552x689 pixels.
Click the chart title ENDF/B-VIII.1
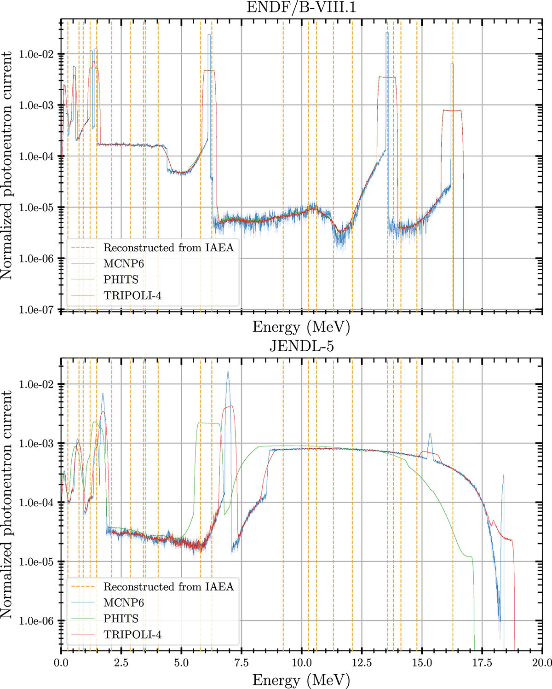(301, 7)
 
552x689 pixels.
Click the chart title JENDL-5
(301, 346)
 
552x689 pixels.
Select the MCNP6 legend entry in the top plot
(123, 264)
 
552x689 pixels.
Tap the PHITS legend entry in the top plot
(121, 279)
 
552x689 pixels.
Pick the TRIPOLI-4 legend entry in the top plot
(132, 295)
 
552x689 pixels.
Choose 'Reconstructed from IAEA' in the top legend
(168, 248)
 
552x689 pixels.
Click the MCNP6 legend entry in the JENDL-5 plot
(123, 602)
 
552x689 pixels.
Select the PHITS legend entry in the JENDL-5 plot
(121, 619)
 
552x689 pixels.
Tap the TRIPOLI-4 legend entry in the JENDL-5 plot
(132, 635)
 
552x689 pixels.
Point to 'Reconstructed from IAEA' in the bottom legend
(168, 587)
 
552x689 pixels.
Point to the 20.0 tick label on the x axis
(542, 663)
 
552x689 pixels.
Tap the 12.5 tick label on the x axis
(362, 663)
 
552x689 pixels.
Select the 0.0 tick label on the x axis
(61, 663)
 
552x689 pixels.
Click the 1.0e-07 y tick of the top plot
(36, 310)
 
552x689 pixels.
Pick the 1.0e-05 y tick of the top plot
(36, 208)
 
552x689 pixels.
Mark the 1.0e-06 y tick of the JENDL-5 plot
(36, 621)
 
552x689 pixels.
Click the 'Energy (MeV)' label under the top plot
(301, 327)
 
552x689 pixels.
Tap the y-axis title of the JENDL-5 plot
(6, 504)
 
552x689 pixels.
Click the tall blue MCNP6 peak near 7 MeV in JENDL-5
(228, 374)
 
